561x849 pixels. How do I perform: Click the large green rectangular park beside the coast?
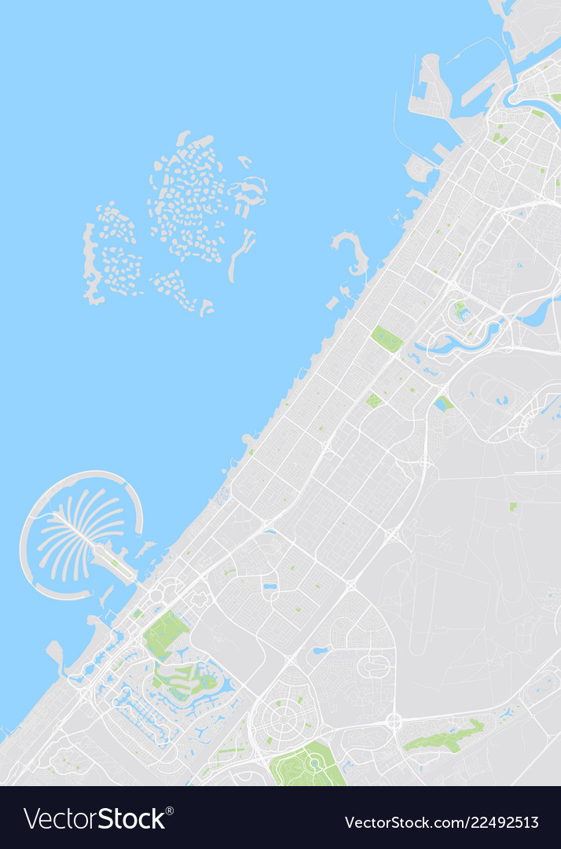tap(387, 338)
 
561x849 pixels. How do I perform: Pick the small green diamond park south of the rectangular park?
tap(373, 400)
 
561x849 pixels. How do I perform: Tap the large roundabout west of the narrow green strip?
tap(394, 720)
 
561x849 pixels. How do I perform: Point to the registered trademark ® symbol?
tap(169, 810)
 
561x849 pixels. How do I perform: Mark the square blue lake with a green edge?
tap(443, 403)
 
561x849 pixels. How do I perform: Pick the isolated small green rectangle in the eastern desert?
tap(513, 507)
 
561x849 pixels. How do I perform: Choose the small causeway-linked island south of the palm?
tap(55, 652)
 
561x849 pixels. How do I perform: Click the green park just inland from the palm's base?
tap(166, 634)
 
